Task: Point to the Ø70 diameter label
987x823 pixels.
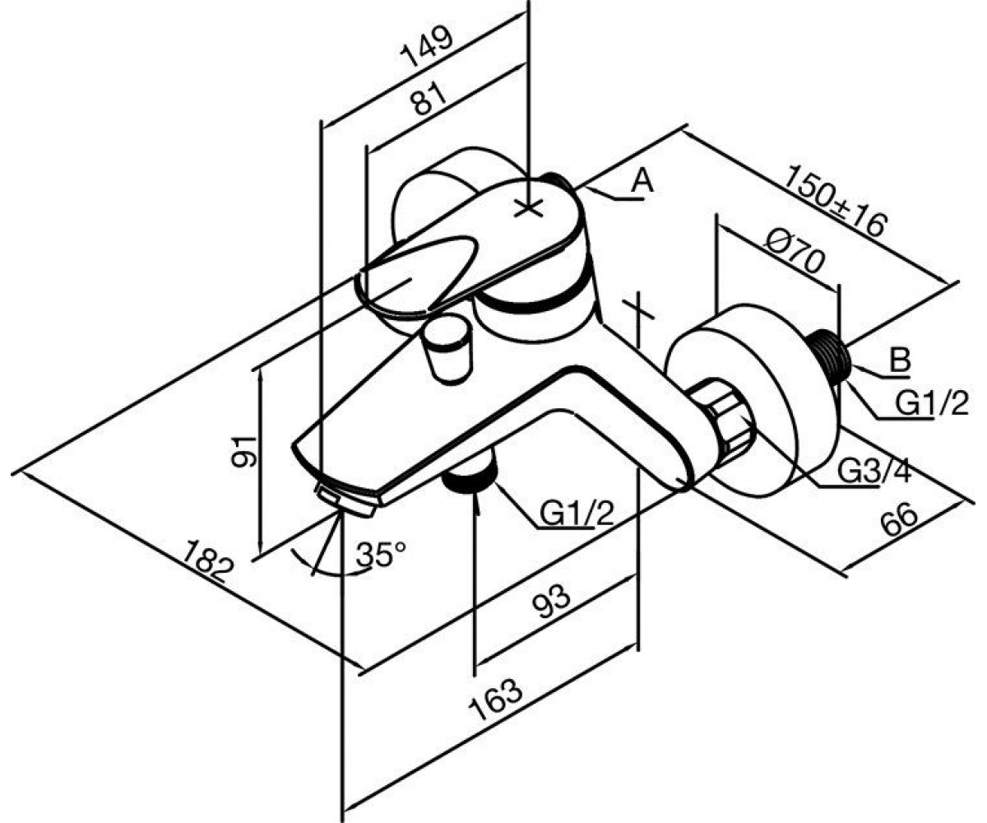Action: [795, 259]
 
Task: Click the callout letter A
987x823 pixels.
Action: [642, 181]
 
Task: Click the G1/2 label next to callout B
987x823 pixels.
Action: [932, 403]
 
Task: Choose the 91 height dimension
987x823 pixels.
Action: [245, 451]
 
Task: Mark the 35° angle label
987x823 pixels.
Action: [381, 554]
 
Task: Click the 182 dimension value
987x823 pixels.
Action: [207, 561]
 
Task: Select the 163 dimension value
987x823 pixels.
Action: [495, 707]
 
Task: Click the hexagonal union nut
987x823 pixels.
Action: [721, 416]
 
